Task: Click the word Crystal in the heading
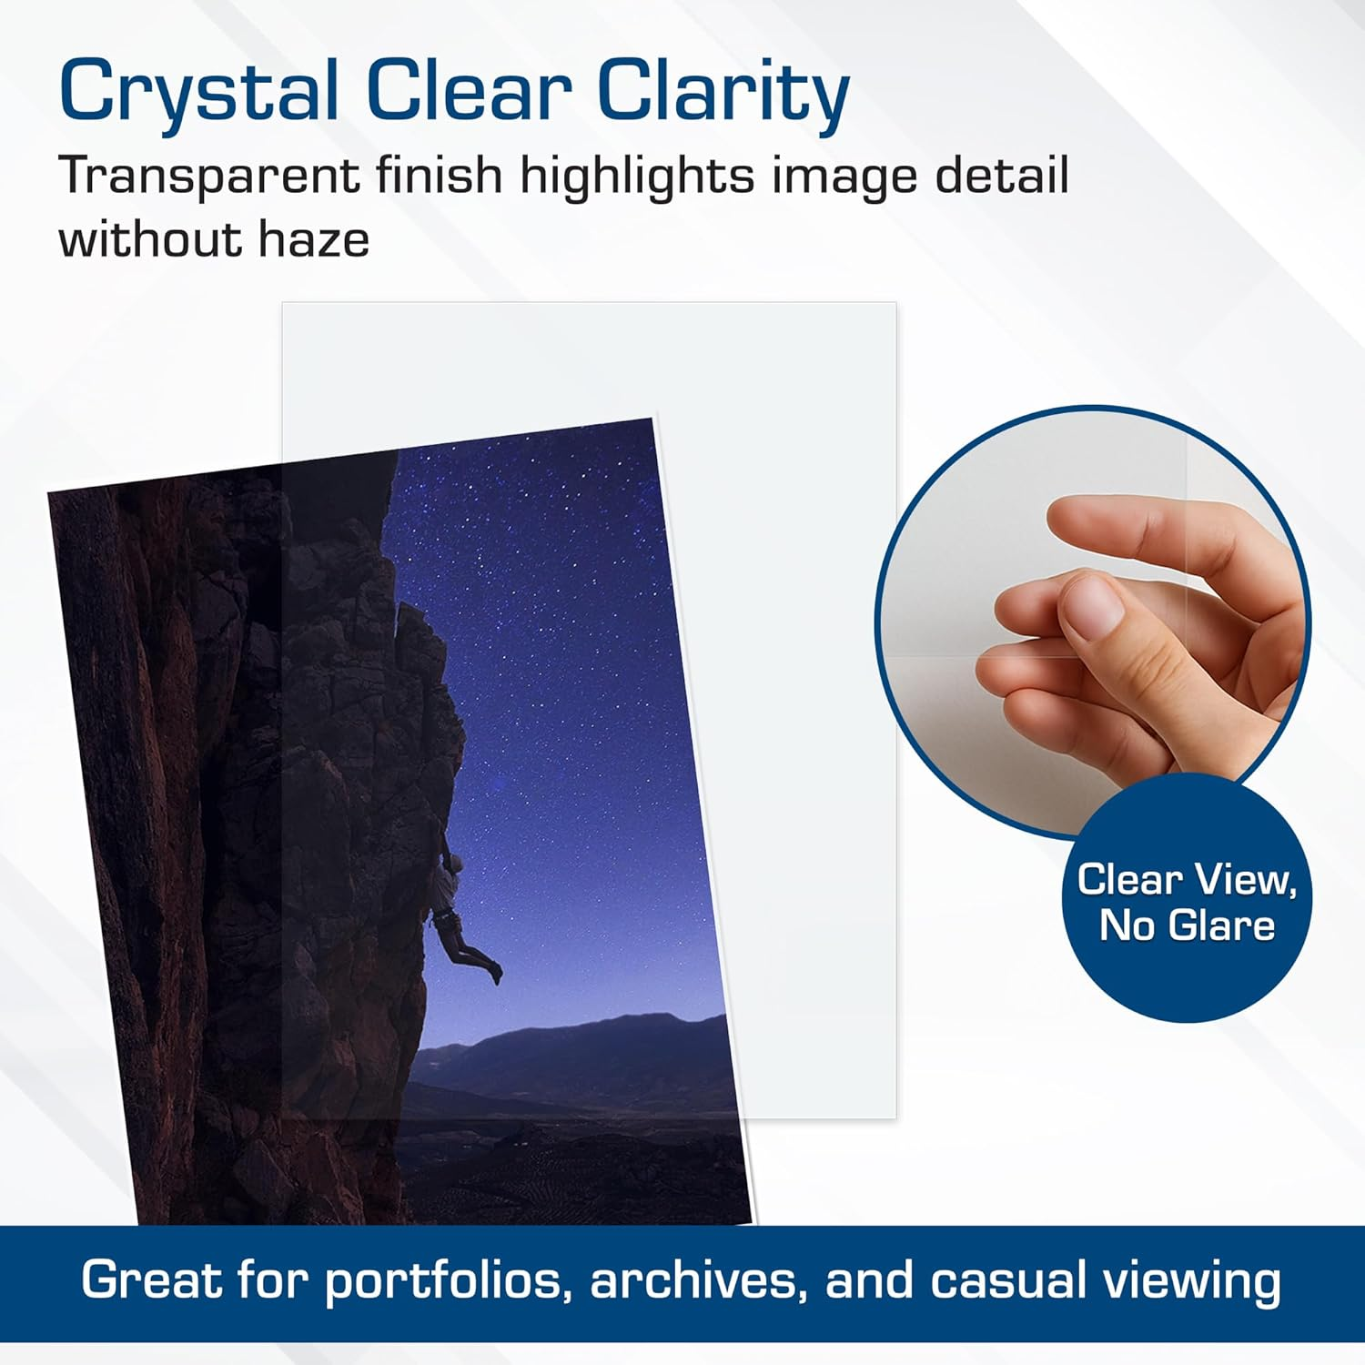tap(199, 92)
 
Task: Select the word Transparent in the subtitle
tap(208, 176)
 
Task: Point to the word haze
tap(314, 240)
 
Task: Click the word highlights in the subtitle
tap(637, 176)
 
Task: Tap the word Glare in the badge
tap(1222, 925)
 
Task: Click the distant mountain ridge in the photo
tap(582, 1046)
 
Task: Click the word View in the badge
tap(1244, 880)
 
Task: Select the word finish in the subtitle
tap(439, 175)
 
